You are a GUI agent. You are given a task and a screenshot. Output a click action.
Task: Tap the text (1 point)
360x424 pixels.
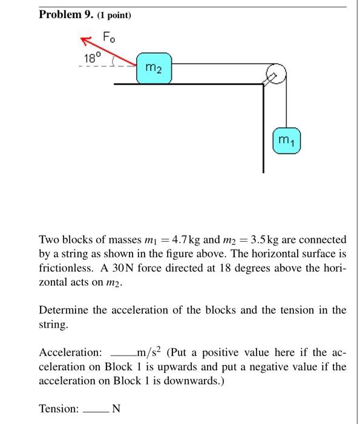pyautogui.click(x=112, y=16)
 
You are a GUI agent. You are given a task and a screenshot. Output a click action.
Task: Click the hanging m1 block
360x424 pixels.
pyautogui.click(x=286, y=141)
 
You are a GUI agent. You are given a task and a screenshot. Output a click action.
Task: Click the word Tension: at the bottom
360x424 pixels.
pyautogui.click(x=59, y=409)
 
